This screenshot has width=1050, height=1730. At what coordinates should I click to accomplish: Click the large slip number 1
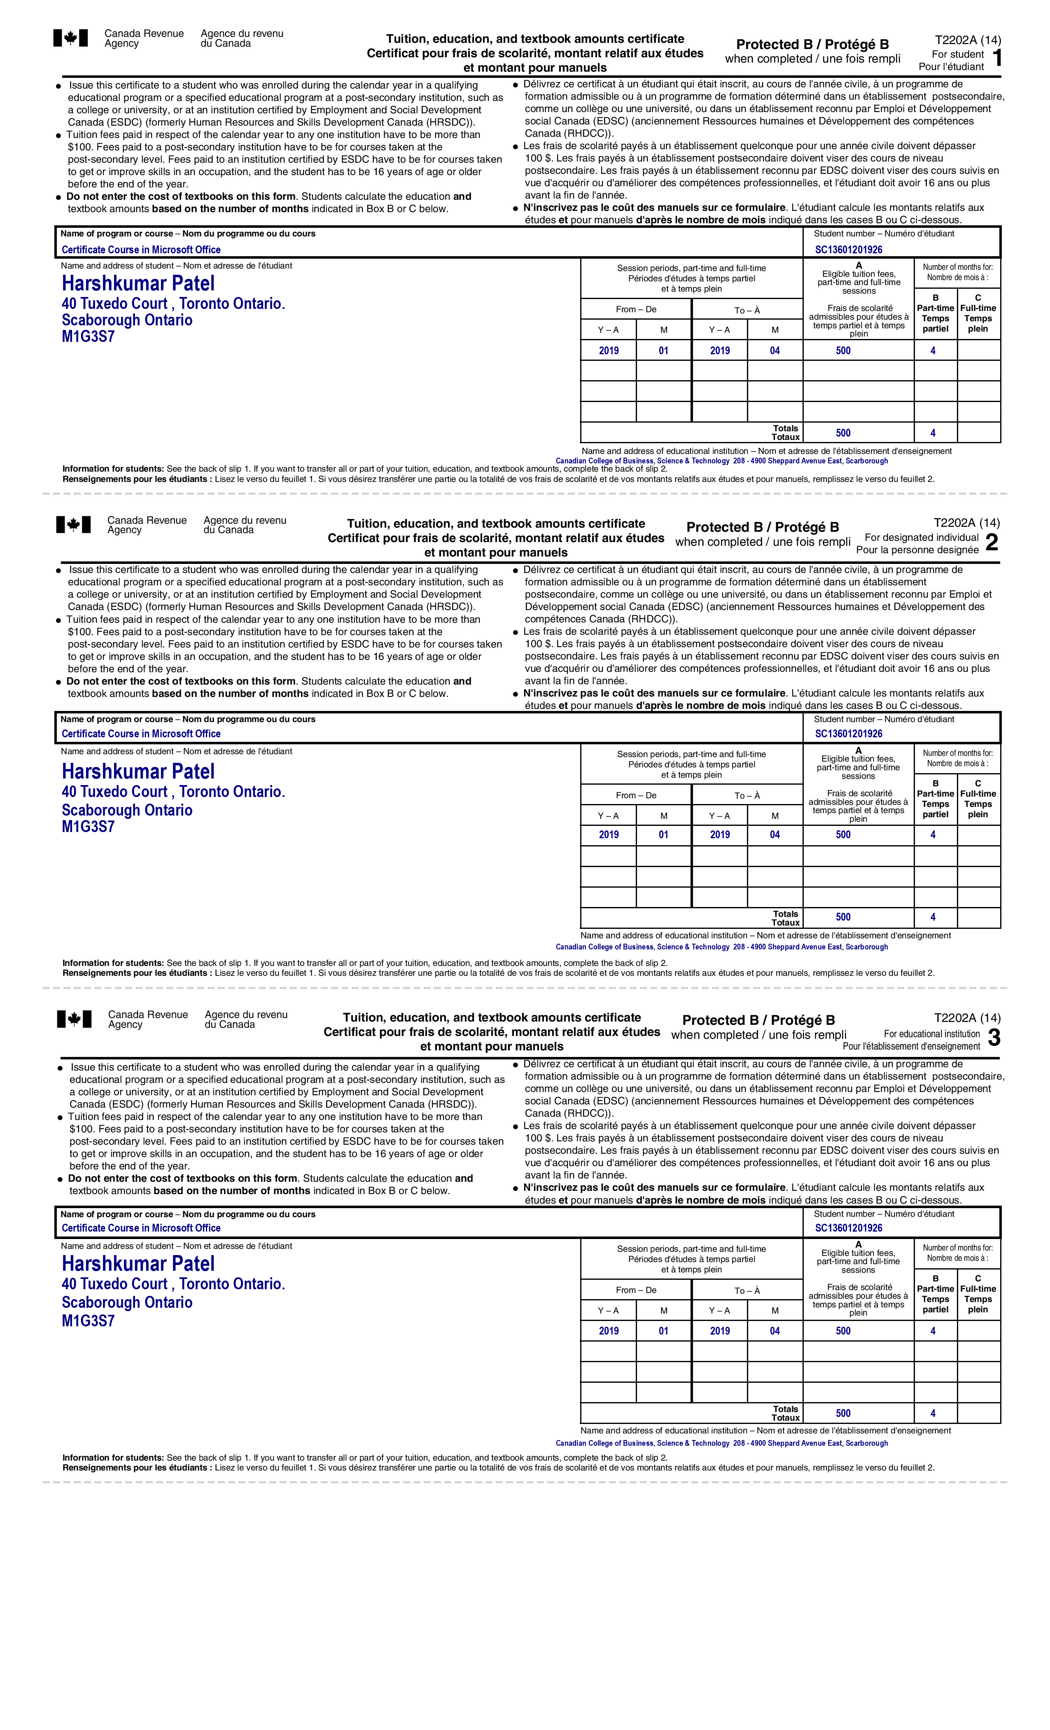(997, 58)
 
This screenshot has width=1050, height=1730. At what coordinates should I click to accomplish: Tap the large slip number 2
(991, 543)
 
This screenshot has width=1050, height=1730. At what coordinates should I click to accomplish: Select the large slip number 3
(993, 1038)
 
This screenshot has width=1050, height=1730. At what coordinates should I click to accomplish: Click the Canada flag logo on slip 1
(71, 38)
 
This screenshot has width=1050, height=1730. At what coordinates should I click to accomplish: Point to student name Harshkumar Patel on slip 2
(138, 771)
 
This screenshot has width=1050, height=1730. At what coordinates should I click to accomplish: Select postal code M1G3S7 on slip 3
(88, 1321)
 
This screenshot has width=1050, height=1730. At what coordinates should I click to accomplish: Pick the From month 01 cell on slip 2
(663, 835)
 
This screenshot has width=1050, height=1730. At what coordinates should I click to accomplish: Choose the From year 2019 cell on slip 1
(609, 351)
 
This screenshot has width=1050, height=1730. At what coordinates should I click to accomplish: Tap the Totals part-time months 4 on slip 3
(933, 1413)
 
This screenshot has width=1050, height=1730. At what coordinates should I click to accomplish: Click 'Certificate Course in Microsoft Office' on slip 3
(141, 1228)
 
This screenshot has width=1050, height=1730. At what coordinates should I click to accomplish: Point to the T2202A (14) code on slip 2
(966, 523)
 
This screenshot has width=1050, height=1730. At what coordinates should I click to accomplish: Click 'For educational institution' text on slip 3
(931, 1033)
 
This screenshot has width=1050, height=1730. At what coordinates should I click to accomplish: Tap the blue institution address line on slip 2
(721, 947)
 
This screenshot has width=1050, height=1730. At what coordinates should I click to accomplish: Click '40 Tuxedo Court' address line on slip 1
(173, 304)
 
